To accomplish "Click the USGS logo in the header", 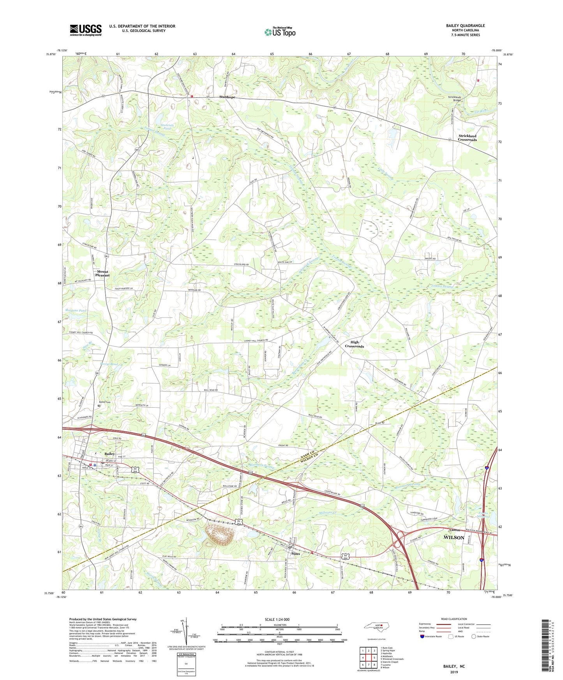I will pyautogui.click(x=86, y=30).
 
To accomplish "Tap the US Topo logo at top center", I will pyautogui.click(x=279, y=32).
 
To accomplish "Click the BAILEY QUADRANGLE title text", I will pyautogui.click(x=466, y=26).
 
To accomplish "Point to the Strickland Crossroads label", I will pyautogui.click(x=467, y=138).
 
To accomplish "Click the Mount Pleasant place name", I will pyautogui.click(x=103, y=273).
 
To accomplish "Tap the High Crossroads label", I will pyautogui.click(x=354, y=344).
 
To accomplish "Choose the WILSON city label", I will pyautogui.click(x=454, y=538).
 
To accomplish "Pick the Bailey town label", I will pyautogui.click(x=109, y=454).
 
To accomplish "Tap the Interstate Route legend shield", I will pyautogui.click(x=423, y=636).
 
